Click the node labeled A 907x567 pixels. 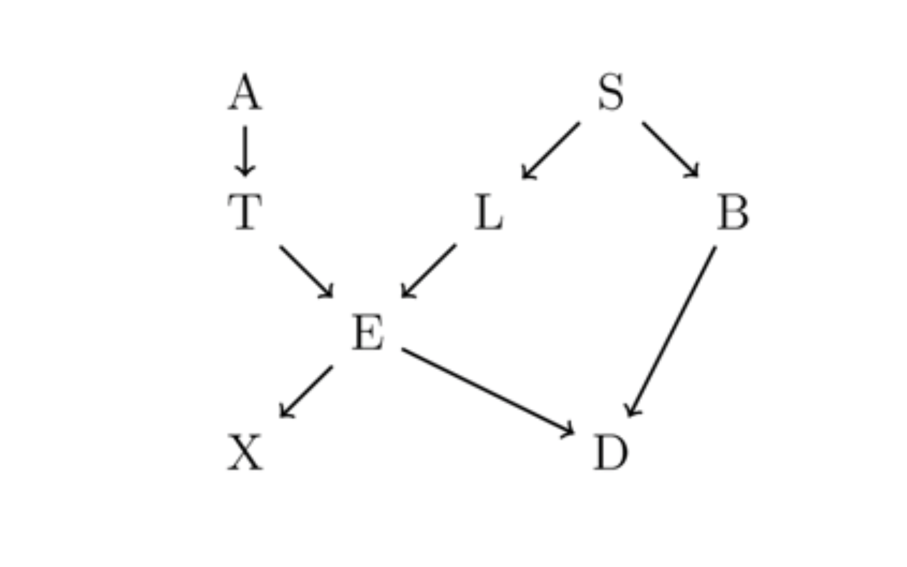[245, 92]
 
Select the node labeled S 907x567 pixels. [611, 92]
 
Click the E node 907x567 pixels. [368, 332]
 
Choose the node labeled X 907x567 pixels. [245, 452]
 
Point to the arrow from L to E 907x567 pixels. [429, 271]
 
